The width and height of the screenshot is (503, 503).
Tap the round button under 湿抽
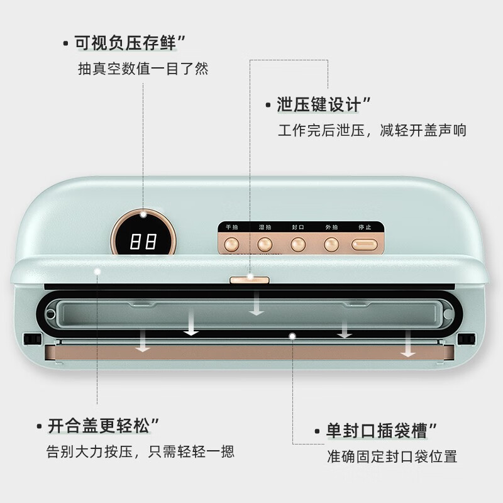264,244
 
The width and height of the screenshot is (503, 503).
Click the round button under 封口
297,244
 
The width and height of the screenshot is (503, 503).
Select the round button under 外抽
331,244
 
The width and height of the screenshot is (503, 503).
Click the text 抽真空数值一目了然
142,69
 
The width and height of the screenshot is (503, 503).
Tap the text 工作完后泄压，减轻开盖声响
372,131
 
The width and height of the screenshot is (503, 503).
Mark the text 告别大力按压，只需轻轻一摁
140,451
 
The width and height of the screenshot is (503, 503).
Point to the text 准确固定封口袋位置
392,456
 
